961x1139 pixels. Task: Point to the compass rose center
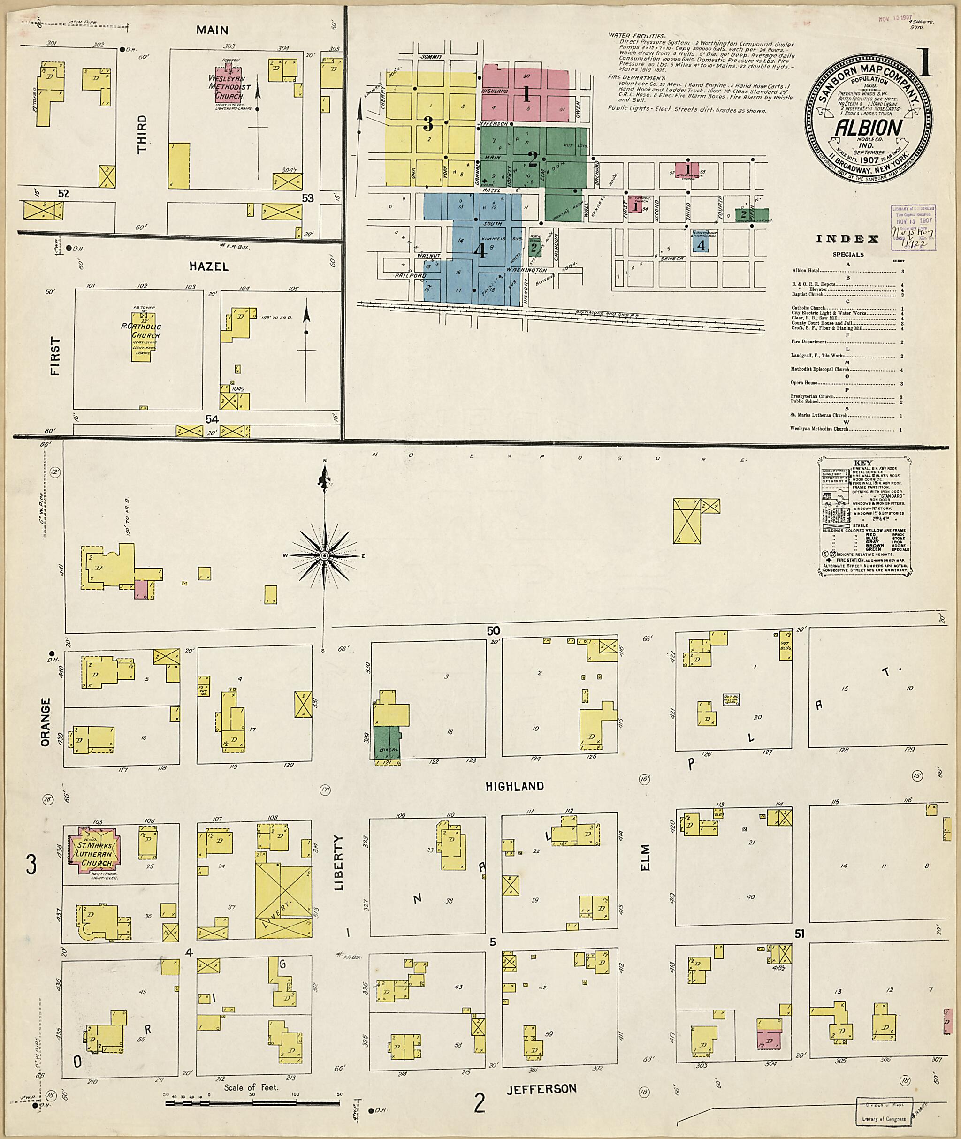[324, 555]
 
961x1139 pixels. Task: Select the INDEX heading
[847, 239]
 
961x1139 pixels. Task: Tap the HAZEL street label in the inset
[209, 266]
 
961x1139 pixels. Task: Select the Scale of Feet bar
[252, 1102]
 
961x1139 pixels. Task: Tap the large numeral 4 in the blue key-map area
[480, 250]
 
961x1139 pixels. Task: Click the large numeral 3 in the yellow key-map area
[428, 125]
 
